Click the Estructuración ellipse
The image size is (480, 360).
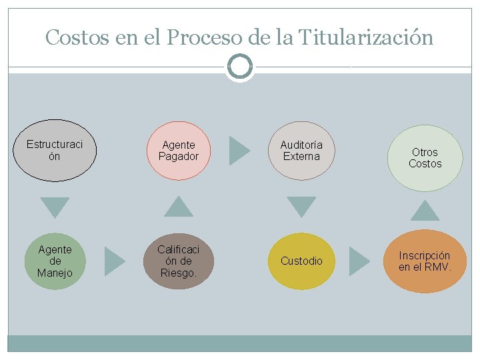click(x=55, y=151)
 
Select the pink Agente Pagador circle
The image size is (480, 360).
click(x=179, y=151)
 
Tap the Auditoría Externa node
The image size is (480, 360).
click(x=301, y=151)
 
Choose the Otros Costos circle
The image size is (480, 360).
click(x=425, y=158)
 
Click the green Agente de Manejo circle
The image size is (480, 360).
click(x=55, y=261)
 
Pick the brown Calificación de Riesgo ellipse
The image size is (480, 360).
click(x=179, y=261)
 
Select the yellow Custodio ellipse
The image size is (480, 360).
click(x=301, y=261)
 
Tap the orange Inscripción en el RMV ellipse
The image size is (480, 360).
click(x=425, y=261)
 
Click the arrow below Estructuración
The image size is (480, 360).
click(x=55, y=207)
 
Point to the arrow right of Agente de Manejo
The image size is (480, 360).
click(x=115, y=261)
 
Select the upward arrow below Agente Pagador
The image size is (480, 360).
click(x=178, y=207)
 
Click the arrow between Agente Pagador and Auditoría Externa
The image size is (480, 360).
click(x=239, y=151)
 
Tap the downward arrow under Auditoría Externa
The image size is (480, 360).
click(x=301, y=207)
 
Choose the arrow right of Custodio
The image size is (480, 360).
click(x=360, y=261)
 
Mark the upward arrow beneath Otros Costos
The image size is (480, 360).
click(x=425, y=211)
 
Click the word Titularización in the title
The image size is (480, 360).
click(x=366, y=37)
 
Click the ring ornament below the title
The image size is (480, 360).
click(x=240, y=67)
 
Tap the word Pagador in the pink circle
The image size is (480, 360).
click(x=179, y=157)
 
